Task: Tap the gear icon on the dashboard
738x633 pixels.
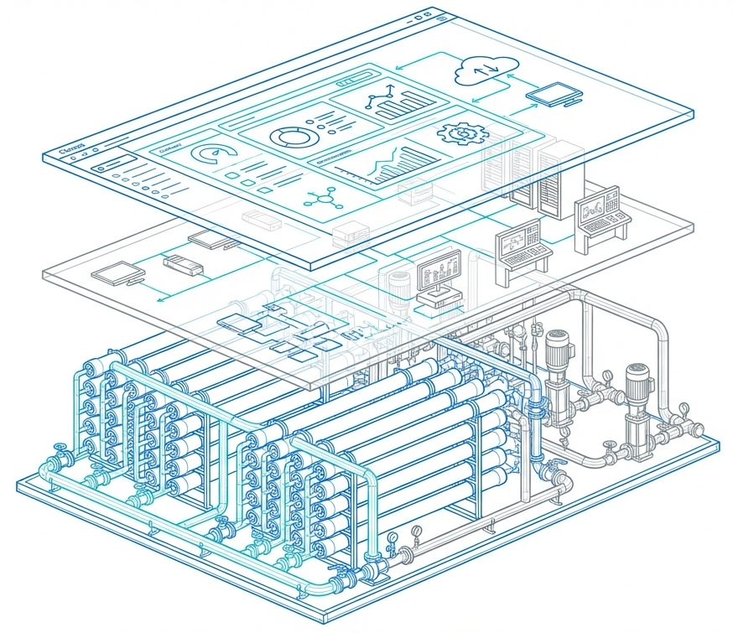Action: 458,133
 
